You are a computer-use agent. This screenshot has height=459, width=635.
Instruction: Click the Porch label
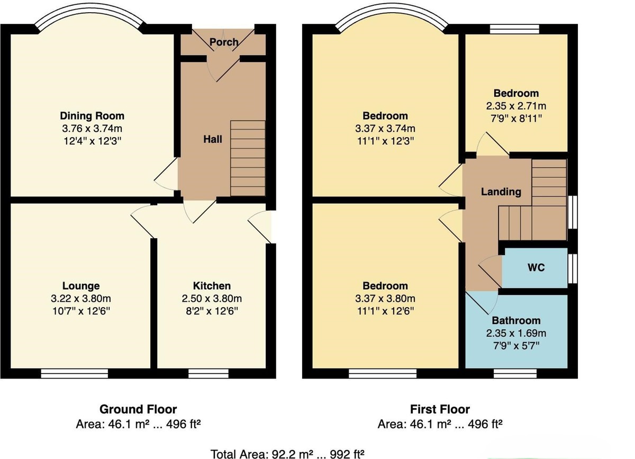coord(224,42)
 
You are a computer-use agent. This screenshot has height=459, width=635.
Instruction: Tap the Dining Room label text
coord(92,116)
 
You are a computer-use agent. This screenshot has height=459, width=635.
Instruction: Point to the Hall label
coord(213,139)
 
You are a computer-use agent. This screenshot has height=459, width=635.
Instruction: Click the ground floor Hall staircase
coord(248,158)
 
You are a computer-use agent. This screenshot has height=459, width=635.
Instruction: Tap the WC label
coord(536,267)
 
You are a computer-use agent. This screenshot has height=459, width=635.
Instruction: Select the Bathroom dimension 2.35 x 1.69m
coord(516,333)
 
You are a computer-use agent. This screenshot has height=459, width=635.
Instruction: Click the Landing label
coord(501,192)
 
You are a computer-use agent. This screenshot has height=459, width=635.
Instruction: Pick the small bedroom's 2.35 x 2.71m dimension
coord(516,105)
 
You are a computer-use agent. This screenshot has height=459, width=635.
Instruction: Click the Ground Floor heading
coord(138,409)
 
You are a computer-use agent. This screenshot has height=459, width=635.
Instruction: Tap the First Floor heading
coord(440,409)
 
